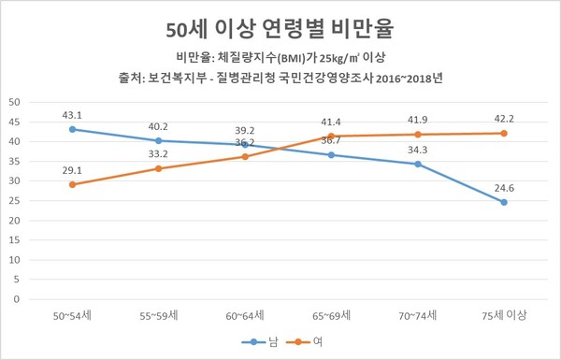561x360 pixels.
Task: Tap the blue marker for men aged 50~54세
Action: click(72, 129)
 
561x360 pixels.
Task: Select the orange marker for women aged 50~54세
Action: click(72, 184)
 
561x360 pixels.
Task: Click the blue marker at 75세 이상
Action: click(504, 202)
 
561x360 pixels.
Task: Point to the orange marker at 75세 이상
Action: click(504, 133)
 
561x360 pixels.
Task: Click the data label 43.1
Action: click(72, 115)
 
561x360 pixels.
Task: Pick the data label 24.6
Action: click(504, 187)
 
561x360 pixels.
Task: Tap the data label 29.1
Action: click(72, 170)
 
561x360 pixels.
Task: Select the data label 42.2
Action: click(504, 119)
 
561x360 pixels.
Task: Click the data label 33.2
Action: click(158, 154)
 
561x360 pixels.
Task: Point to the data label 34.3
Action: click(418, 150)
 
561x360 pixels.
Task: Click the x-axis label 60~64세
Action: click(245, 316)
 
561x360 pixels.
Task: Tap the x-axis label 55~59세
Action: click(158, 316)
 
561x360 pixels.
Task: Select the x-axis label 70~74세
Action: click(418, 316)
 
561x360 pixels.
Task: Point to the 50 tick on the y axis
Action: click(14, 102)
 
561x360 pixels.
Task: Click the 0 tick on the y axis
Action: click(17, 300)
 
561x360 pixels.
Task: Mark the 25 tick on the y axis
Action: click(14, 201)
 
